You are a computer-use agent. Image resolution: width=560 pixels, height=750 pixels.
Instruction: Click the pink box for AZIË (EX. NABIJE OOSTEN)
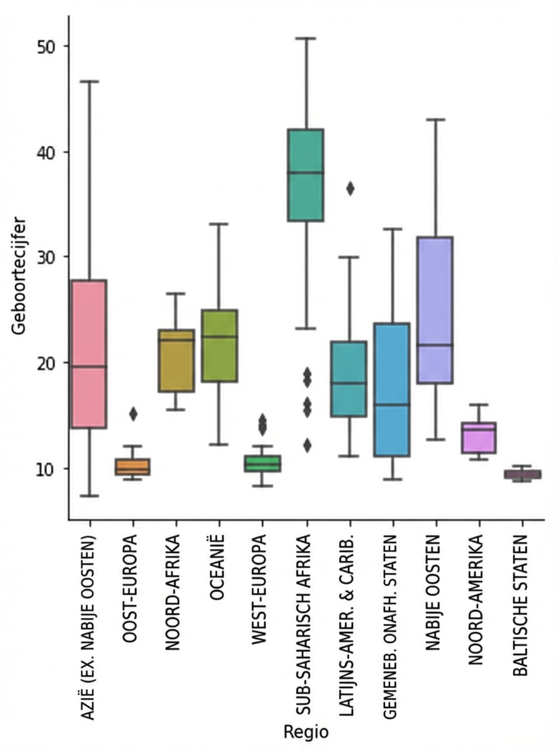pos(89,354)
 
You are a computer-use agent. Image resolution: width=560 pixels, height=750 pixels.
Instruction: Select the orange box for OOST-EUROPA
pos(132,467)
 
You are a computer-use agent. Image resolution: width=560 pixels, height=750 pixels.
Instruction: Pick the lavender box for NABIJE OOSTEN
pos(435,309)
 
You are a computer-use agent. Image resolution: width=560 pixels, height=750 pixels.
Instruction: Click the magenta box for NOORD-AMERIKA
pos(478,437)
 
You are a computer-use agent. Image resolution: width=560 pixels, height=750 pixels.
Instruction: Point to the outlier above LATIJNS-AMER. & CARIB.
pos(350,189)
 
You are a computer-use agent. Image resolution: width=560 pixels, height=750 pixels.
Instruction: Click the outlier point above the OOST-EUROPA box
pos(132,413)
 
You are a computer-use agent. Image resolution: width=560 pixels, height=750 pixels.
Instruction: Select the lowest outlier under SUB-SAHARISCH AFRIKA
pos(306,445)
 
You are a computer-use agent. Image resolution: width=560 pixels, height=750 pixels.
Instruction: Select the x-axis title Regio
pos(306,731)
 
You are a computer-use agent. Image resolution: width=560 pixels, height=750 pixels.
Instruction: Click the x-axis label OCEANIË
pos(217,569)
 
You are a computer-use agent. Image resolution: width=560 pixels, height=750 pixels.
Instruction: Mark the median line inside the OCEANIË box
pos(219,336)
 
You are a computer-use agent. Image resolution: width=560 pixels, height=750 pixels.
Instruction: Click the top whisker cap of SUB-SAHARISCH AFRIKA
pos(306,38)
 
